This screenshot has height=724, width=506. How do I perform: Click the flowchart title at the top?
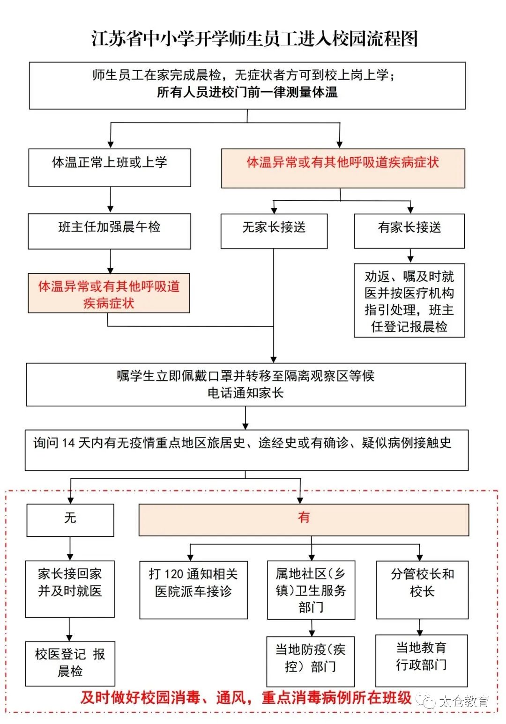(x=254, y=38)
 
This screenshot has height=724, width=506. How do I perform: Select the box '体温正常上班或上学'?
(x=110, y=168)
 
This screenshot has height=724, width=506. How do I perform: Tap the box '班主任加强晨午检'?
(x=110, y=231)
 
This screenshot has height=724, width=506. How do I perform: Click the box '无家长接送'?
(x=274, y=231)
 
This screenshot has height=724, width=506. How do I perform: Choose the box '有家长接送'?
(x=409, y=231)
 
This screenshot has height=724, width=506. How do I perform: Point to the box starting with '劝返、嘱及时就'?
(x=409, y=300)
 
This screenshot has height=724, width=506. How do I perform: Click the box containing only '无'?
(x=70, y=520)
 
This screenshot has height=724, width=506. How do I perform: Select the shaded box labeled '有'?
(x=304, y=519)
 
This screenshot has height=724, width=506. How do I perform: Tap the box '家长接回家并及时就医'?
(x=70, y=589)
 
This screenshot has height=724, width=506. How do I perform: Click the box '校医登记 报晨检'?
(x=70, y=663)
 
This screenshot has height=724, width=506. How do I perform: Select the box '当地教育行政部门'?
(x=421, y=660)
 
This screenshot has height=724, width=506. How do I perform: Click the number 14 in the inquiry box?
(x=68, y=443)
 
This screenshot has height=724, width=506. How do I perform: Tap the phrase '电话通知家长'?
(x=246, y=393)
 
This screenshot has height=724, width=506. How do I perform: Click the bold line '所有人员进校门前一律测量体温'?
(x=247, y=92)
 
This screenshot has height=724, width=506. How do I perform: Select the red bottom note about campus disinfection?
(x=246, y=698)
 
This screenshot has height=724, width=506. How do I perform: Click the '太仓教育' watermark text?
(x=464, y=701)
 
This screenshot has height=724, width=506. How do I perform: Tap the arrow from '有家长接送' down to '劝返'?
(x=410, y=256)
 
